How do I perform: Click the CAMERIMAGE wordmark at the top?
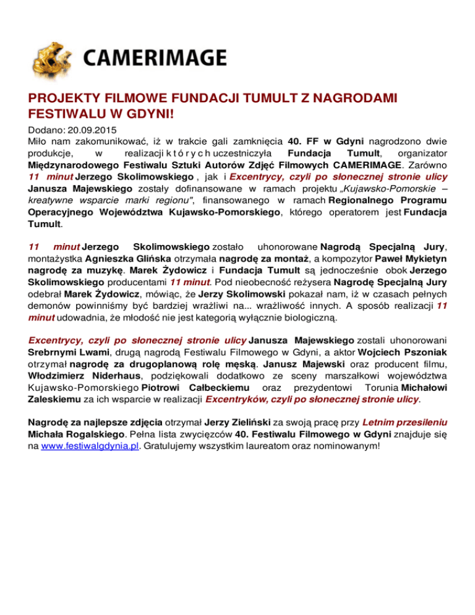click(153, 59)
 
